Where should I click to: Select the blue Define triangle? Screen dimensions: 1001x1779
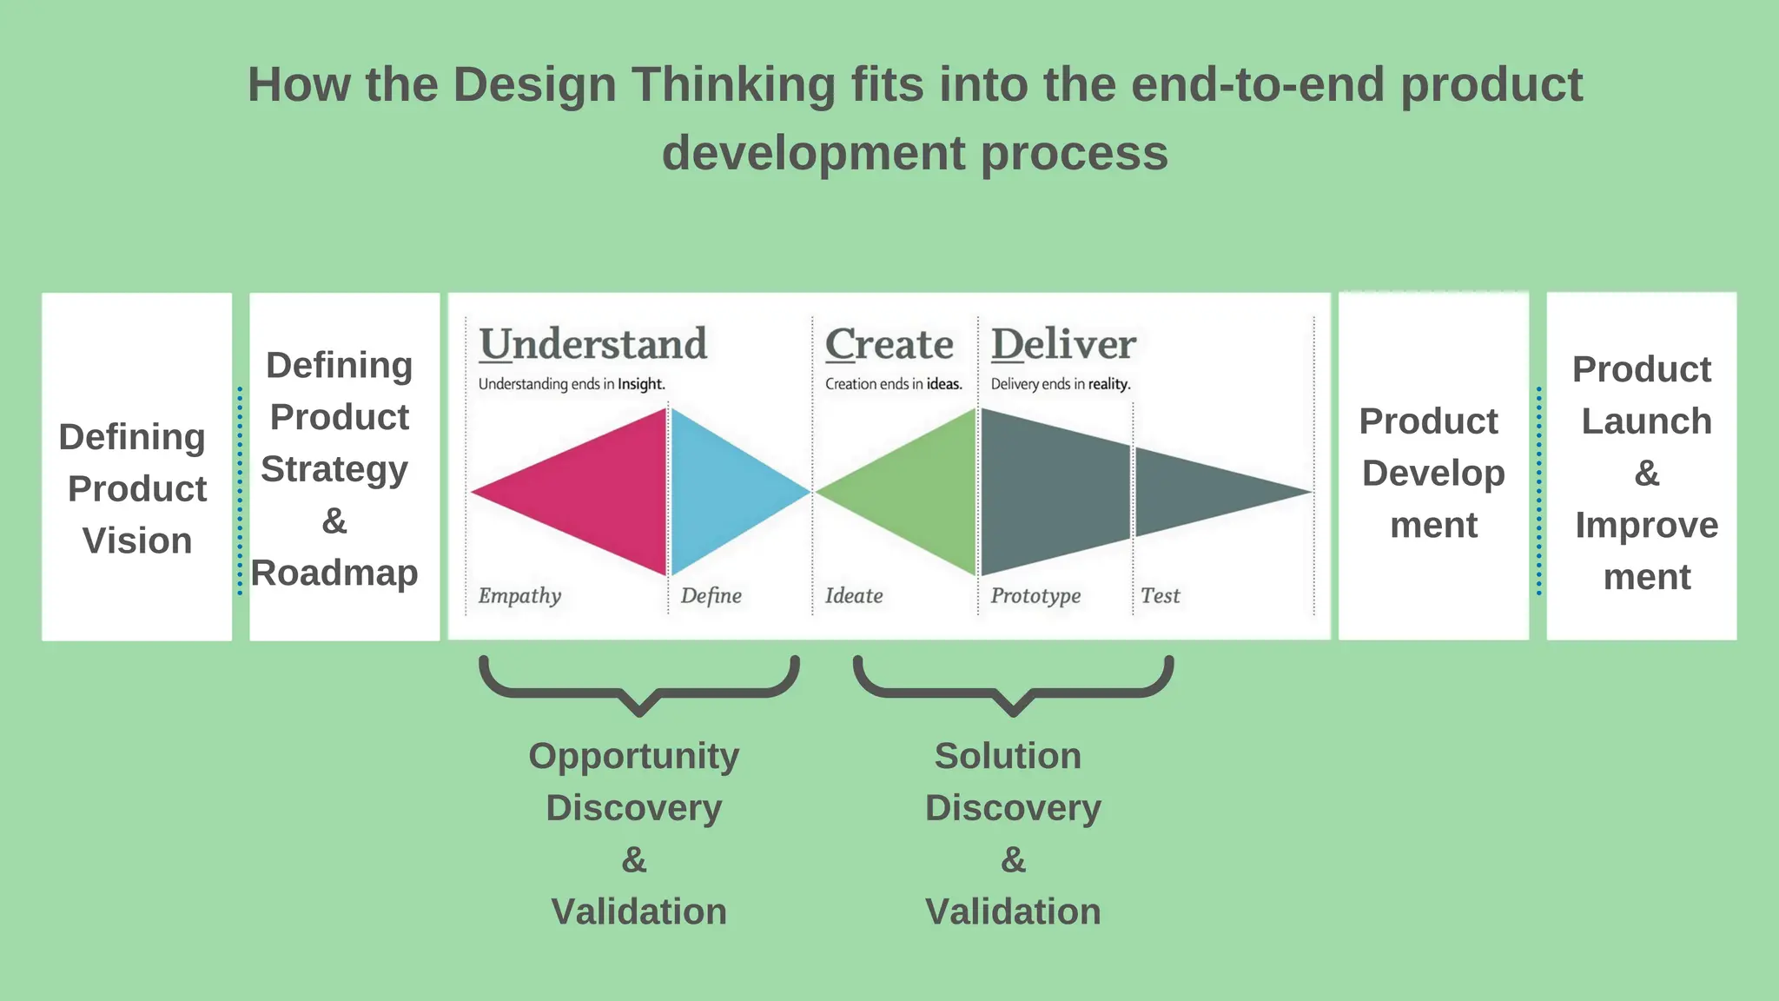point(721,492)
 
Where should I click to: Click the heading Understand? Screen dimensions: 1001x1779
point(593,344)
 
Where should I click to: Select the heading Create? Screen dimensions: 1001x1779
point(889,344)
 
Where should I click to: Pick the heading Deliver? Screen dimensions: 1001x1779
point(1063,344)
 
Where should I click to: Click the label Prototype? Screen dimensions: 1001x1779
point(1035,595)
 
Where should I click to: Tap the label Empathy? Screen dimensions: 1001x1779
point(519,595)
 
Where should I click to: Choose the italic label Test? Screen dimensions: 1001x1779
point(1160,595)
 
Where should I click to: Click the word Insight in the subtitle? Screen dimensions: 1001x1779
point(641,384)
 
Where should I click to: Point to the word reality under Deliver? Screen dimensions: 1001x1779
point(1109,384)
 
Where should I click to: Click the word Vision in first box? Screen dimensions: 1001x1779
point(137,540)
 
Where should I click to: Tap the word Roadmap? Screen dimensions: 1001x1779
point(334,573)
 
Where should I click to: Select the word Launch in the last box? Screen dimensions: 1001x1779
point(1646,421)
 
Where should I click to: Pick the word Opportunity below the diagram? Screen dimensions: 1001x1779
point(634,756)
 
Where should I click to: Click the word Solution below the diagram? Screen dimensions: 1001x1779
point(1008,756)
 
